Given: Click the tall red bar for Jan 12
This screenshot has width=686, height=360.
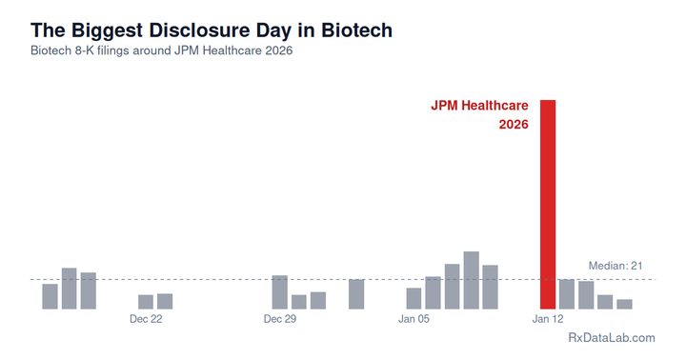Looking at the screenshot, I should pos(548,204).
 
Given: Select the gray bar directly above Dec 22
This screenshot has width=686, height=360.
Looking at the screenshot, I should pos(146,302).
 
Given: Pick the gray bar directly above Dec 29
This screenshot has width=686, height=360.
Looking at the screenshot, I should pos(279,292).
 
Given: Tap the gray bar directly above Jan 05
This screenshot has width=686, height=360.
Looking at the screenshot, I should pos(414,298).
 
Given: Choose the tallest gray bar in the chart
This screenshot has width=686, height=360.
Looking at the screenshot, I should pos(471,280).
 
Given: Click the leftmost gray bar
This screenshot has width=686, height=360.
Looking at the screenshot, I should pos(50,296).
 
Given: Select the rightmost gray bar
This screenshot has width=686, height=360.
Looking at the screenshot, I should pos(624,304).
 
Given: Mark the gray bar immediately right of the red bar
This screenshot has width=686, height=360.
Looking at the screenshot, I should pos(567,294).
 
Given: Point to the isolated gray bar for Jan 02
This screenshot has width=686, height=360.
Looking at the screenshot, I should pos(356,294).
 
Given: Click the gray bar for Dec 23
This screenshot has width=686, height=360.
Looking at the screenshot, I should pos(165,301).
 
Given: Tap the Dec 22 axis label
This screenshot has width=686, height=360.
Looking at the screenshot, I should pos(146,320).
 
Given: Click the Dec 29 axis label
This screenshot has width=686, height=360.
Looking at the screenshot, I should pos(280,320).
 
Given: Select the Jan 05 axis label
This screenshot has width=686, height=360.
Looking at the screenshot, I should pos(414,320).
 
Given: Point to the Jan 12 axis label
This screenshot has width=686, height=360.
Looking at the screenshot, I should pos(548,320).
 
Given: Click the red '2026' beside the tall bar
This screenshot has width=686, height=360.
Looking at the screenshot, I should pos(514,125).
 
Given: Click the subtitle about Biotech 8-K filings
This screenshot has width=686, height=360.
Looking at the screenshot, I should pos(161,50).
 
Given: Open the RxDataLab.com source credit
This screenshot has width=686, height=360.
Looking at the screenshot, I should pos(611,338).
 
